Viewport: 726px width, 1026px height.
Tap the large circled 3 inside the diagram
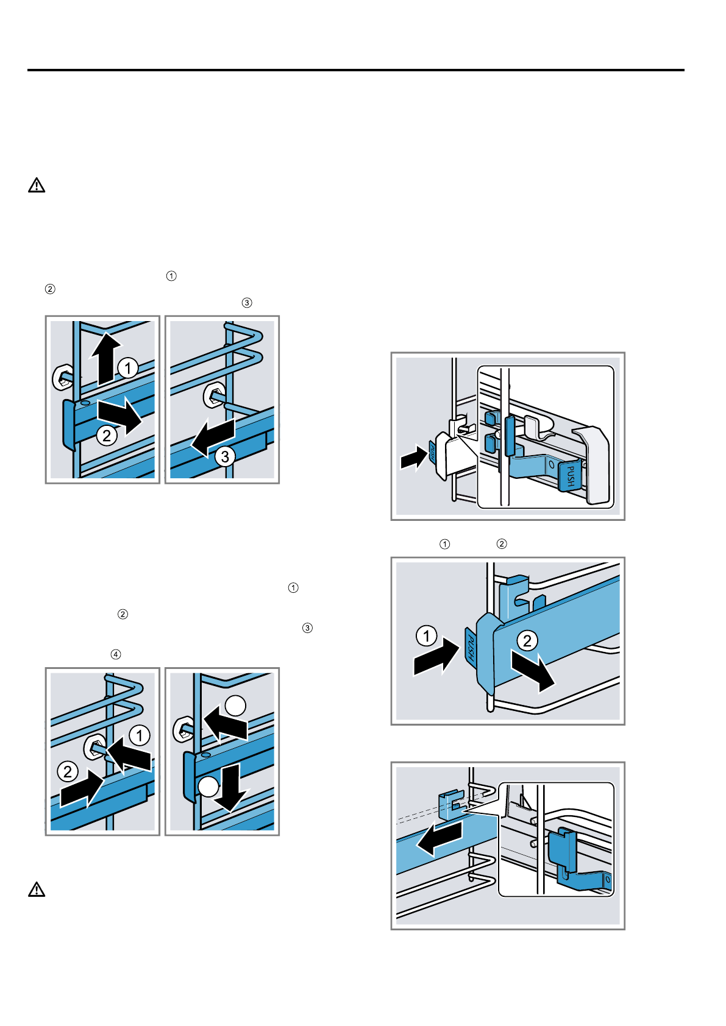(x=225, y=456)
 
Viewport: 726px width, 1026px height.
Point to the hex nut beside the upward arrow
(x=62, y=378)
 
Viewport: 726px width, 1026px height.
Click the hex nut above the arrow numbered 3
(x=213, y=396)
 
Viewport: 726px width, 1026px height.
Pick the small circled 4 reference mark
(x=116, y=654)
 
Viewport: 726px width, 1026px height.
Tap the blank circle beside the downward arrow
(x=208, y=787)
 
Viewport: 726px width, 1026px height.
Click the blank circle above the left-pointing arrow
(x=235, y=706)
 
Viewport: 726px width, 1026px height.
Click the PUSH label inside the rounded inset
(x=570, y=475)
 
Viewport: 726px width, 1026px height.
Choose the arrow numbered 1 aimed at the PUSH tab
(x=435, y=656)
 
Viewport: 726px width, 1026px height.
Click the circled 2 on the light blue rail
(x=527, y=640)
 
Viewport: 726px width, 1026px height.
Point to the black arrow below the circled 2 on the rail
(x=533, y=670)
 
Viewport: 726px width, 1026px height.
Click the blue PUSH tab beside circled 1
(x=471, y=645)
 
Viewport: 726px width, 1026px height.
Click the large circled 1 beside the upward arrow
(x=127, y=368)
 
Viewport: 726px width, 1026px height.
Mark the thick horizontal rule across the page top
(x=356, y=70)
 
